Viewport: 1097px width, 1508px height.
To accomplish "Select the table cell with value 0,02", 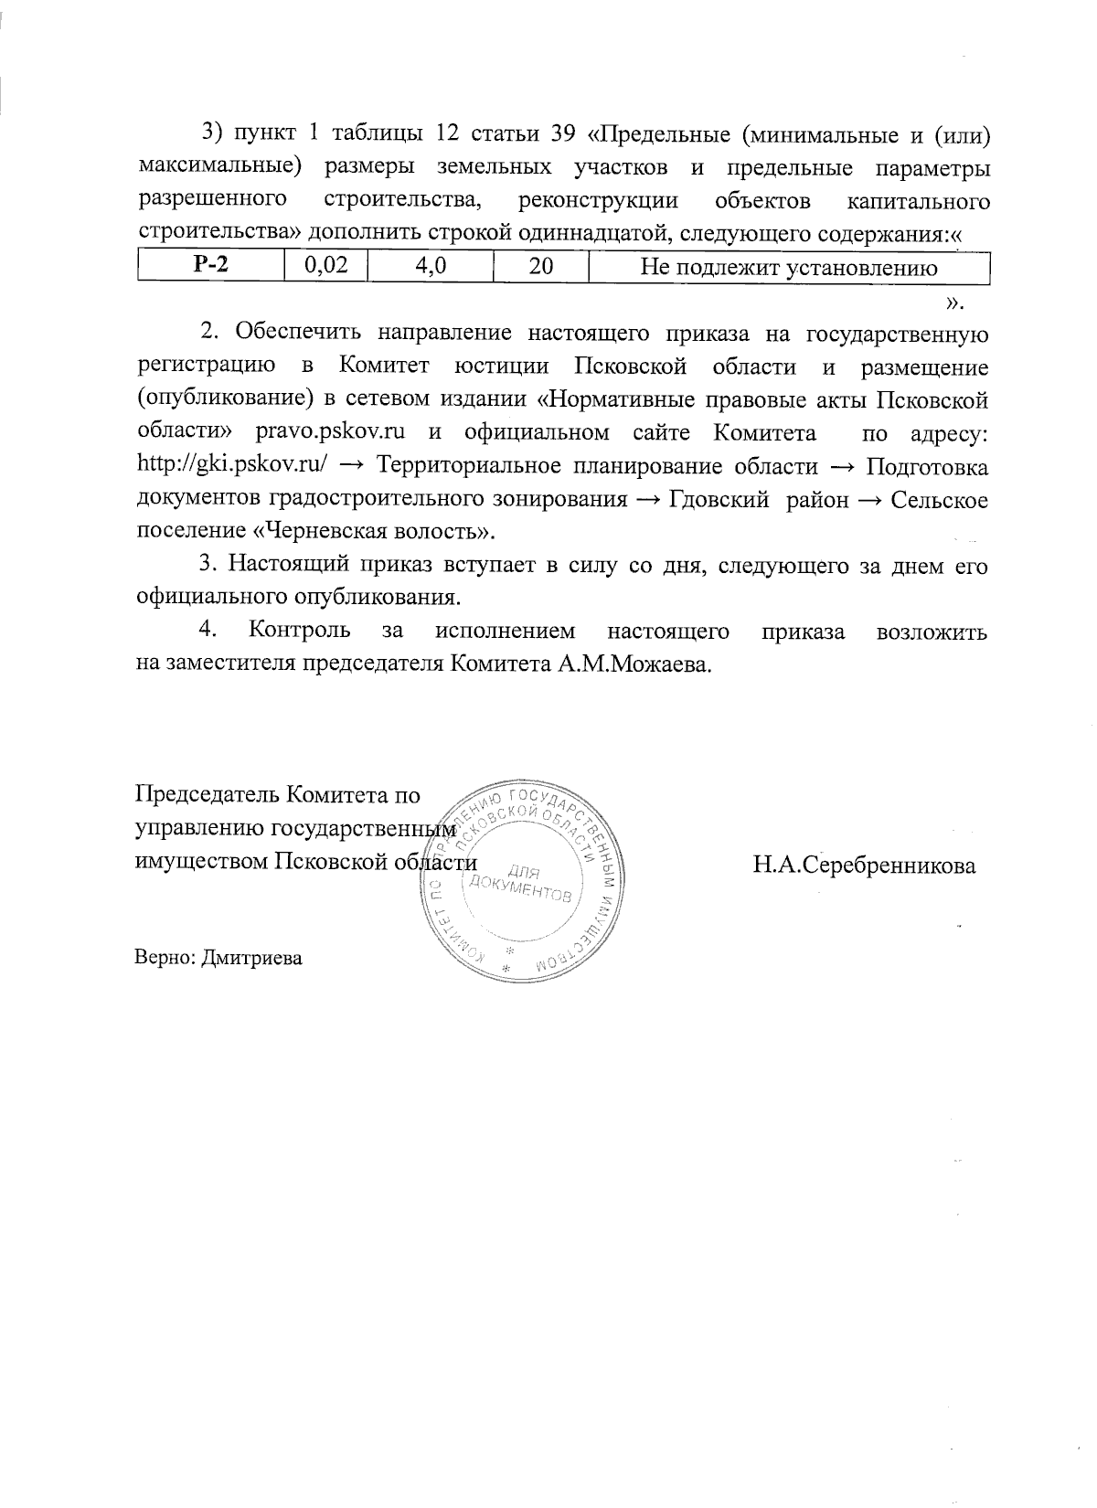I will point(320,267).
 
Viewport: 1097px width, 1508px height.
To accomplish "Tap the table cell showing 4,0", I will point(430,267).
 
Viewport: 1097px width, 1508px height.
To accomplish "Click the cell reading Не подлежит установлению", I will point(788,267).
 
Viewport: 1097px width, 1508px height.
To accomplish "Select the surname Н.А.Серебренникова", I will point(864,865).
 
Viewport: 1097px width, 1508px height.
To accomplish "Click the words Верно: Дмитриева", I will point(218,958).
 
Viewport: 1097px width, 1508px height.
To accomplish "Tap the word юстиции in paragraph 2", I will point(500,366).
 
